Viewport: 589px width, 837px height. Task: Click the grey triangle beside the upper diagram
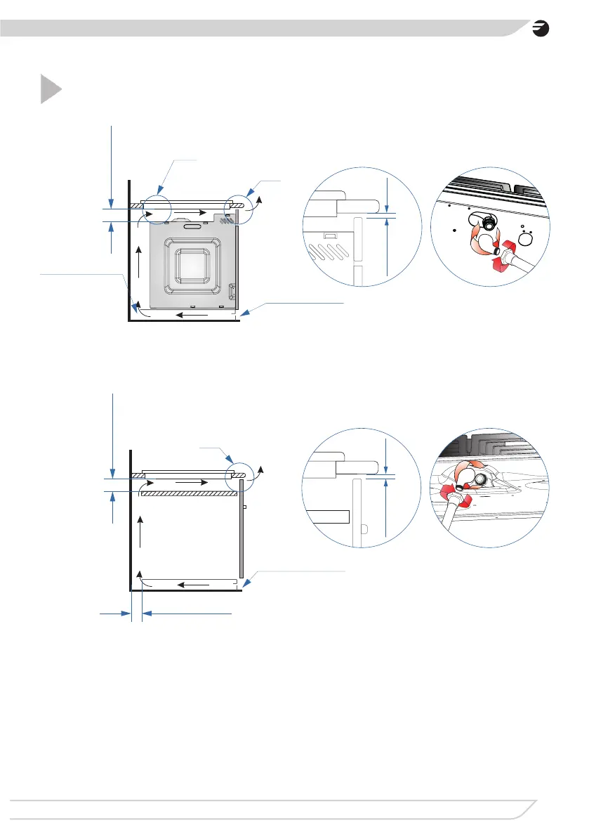[49, 89]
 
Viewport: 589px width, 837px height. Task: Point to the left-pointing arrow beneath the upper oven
[191, 314]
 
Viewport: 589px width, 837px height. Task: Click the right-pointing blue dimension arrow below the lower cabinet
[116, 614]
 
